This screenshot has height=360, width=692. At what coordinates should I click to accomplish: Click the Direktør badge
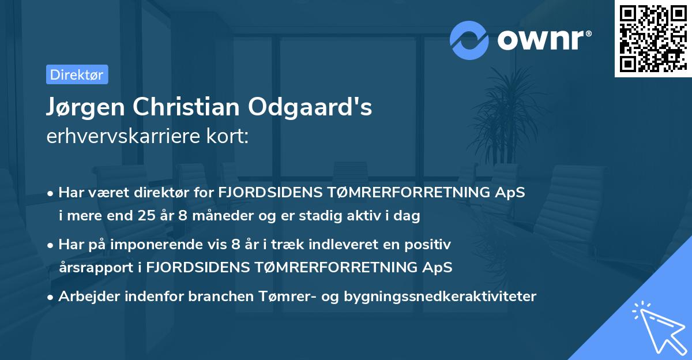pos(77,74)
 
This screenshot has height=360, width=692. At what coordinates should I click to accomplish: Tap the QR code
pos(653,38)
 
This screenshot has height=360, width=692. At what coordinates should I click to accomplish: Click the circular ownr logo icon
pos(470,39)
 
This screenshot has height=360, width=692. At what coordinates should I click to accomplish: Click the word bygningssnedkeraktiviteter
pos(441,297)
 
